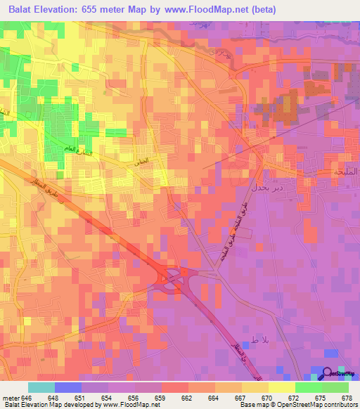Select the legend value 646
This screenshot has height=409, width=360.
[x=27, y=398]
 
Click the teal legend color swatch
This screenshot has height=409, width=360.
[x=41, y=387]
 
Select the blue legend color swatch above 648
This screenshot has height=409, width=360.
[x=68, y=387]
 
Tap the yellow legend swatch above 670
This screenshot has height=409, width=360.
[x=255, y=387]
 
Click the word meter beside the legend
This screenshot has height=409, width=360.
[x=10, y=398]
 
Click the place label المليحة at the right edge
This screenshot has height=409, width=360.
[x=345, y=172]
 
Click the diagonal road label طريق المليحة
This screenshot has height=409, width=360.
[x=231, y=229]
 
